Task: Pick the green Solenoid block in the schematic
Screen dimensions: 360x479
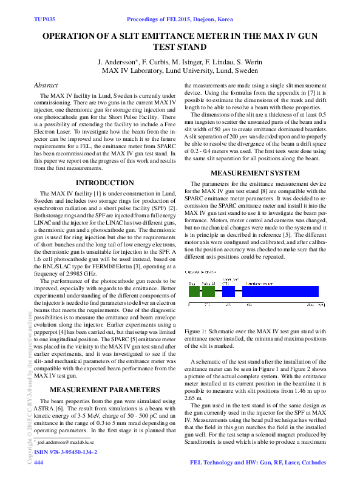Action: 209,291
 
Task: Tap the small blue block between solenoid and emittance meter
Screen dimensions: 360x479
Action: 228,291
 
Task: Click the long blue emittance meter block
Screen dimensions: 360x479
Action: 279,291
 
